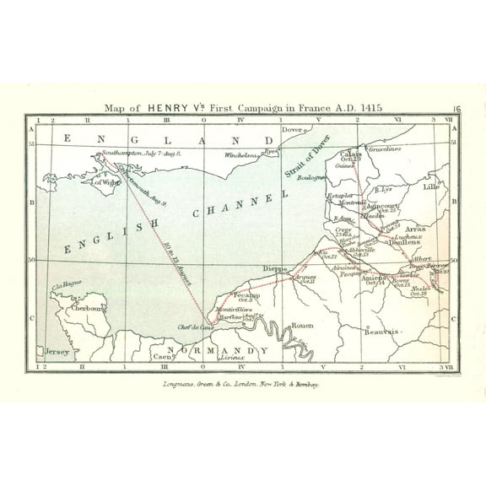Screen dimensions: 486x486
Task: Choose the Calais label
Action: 351,154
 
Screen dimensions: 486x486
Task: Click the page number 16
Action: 456,108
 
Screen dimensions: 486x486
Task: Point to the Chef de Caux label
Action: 193,328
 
